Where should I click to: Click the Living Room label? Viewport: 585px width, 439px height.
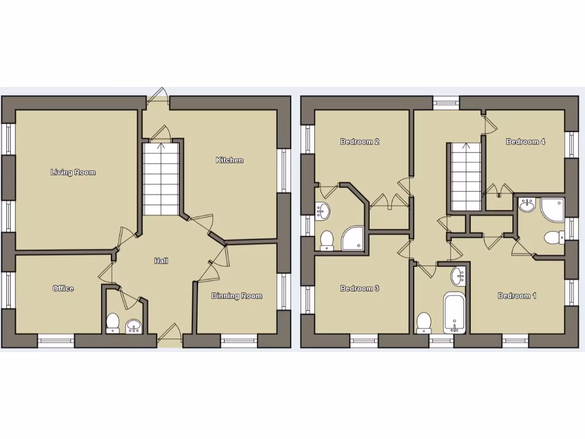click(x=73, y=172)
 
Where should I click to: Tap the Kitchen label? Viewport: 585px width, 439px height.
click(x=229, y=160)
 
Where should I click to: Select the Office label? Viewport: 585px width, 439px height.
click(x=63, y=289)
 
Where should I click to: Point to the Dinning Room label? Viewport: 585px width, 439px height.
click(x=237, y=296)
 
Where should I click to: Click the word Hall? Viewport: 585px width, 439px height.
click(x=161, y=261)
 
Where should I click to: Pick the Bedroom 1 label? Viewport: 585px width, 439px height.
click(x=517, y=296)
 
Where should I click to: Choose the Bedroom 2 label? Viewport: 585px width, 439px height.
click(x=360, y=142)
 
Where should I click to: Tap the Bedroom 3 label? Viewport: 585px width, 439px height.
click(x=359, y=289)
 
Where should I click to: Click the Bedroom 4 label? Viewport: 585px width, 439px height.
click(x=525, y=142)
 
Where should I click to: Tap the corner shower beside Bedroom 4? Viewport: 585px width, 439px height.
click(x=552, y=209)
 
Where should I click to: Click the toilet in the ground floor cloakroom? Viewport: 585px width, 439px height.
click(x=113, y=322)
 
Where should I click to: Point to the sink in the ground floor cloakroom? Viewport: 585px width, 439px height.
click(x=134, y=326)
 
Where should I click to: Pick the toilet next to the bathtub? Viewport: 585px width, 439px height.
click(x=424, y=322)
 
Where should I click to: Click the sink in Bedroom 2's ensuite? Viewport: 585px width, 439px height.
click(x=323, y=211)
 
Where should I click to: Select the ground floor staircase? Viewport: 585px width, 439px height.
click(x=161, y=177)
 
